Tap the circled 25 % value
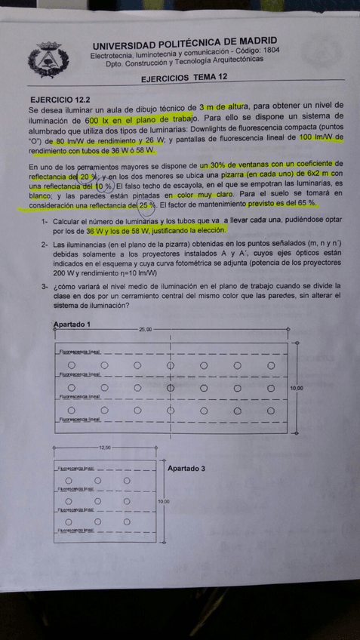tap(146, 204)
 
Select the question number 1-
tap(45, 220)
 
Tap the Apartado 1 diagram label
tap(72, 324)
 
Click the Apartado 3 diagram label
tap(186, 468)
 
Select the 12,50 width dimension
tap(105, 448)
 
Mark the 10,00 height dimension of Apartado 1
tap(297, 388)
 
